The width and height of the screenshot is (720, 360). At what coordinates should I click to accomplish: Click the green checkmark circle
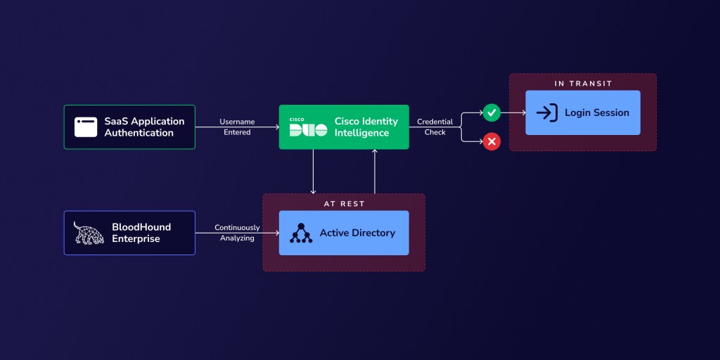pos(491,112)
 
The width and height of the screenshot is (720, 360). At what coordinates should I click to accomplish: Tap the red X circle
pos(491,142)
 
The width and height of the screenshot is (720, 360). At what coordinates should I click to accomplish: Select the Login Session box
pos(583,112)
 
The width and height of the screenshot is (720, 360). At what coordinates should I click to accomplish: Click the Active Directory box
pos(344,233)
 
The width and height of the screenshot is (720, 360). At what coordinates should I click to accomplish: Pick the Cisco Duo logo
pos(308,128)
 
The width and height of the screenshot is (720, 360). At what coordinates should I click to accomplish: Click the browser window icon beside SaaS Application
pos(86,127)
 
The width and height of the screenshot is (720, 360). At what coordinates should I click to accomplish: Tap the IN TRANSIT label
pos(583,84)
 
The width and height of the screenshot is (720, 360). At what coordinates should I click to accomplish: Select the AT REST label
pos(344,204)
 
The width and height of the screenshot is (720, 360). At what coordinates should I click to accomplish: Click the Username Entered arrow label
pos(237,127)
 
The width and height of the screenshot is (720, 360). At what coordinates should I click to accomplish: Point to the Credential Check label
pos(435,127)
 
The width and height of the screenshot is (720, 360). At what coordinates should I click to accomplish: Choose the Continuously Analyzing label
pos(237,233)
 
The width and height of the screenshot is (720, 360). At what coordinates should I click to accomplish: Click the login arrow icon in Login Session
pos(546,112)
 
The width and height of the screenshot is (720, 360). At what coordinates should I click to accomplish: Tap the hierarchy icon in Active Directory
pos(301,233)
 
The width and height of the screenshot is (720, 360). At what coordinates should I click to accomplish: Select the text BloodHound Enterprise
pos(141,233)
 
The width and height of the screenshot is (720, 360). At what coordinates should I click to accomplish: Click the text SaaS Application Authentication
pos(144,127)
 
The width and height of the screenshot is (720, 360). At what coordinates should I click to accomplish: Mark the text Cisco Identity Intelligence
pos(366,127)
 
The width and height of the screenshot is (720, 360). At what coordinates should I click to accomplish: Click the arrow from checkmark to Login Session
pos(513,112)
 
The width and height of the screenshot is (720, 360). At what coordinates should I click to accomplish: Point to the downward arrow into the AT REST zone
pos(314,172)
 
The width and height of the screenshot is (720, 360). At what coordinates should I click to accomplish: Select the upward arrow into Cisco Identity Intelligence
pos(375,172)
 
